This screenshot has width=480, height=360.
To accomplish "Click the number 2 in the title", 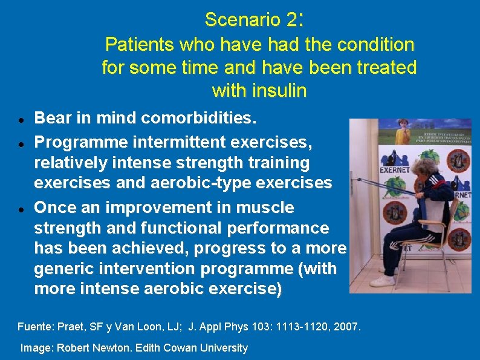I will click(292, 20).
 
